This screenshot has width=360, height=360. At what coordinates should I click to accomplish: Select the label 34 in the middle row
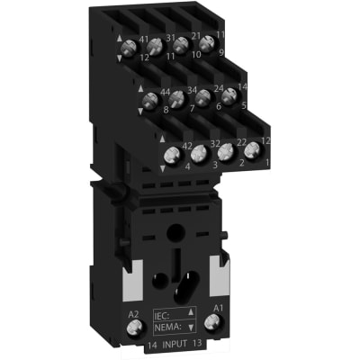click(192, 91)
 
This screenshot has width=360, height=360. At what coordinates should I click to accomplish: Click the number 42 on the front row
click(186, 146)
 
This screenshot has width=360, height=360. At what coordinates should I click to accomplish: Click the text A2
click(134, 312)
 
